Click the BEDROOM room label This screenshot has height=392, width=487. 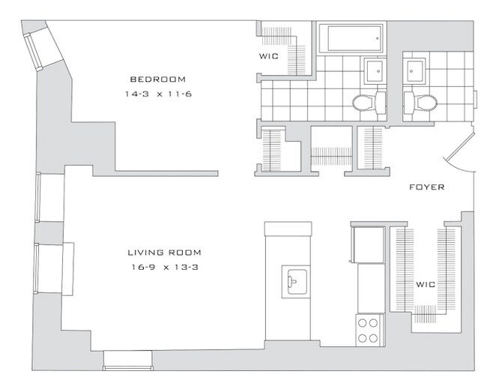(158, 79)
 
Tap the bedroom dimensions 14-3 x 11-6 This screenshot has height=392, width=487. (158, 94)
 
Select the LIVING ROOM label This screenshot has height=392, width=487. (165, 253)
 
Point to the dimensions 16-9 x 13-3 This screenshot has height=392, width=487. (165, 267)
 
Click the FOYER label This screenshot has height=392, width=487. (427, 187)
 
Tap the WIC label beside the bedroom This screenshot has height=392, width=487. (269, 56)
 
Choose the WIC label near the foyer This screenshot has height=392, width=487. (426, 284)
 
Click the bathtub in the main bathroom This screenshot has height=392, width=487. (351, 38)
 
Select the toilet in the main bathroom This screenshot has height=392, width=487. (369, 102)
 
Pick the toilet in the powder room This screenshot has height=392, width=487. (420, 102)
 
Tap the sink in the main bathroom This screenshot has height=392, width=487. (375, 71)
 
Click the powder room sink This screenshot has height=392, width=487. (414, 71)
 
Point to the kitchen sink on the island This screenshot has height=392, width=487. (296, 282)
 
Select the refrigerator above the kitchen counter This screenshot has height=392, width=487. (368, 245)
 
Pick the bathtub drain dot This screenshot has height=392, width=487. (378, 38)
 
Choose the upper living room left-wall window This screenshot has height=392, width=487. (38, 197)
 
